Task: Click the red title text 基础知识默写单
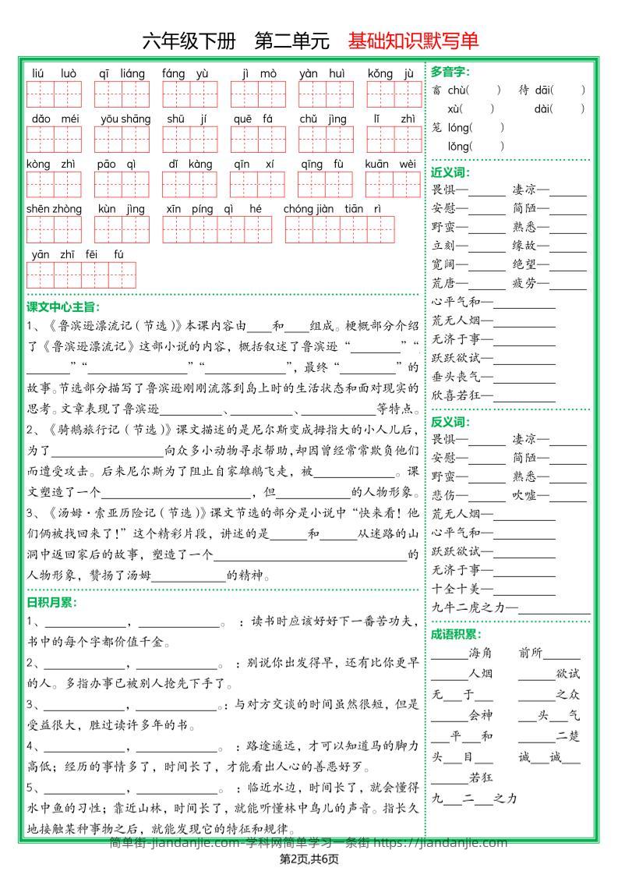tap(413, 41)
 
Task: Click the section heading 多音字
tap(450, 72)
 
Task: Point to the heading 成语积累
tap(456, 635)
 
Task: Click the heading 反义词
tap(450, 422)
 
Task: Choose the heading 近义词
tap(450, 172)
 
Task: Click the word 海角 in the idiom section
tap(481, 654)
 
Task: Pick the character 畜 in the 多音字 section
tap(436, 90)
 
